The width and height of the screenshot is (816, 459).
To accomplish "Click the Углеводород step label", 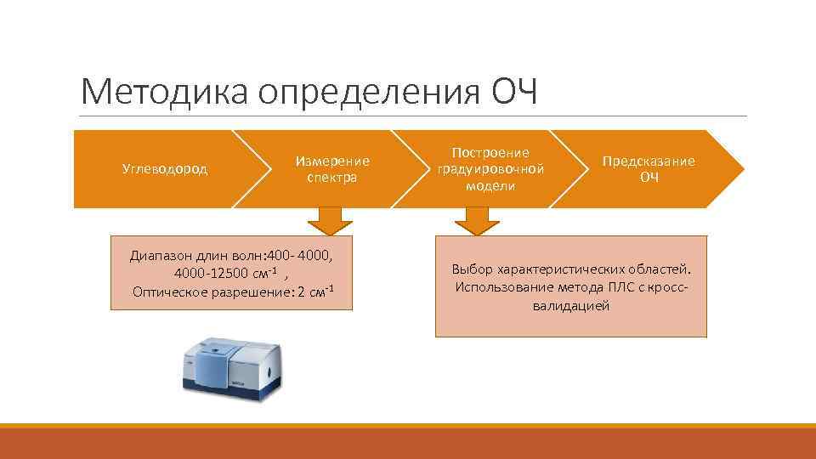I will pos(165,169).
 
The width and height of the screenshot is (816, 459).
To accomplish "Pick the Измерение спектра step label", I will pos(332,169).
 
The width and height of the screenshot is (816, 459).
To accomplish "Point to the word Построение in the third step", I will pos(490,152).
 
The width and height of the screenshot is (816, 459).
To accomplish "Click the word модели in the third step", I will pos(490,186).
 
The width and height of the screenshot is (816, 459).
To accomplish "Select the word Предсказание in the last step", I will pos(649,161).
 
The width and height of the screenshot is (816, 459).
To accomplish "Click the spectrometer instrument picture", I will pos(229,364).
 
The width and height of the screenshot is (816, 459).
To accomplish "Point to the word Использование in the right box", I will pos(501,287).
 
